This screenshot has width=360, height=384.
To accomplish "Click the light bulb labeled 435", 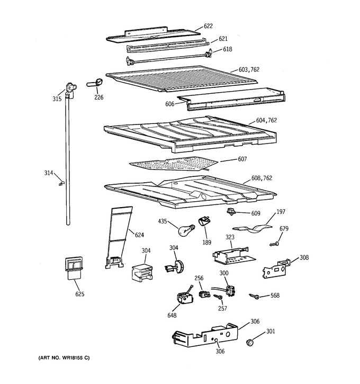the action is pyautogui.click(x=186, y=230).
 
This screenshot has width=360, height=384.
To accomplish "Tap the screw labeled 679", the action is pyautogui.click(x=274, y=244).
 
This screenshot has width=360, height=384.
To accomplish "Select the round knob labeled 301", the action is pyautogui.click(x=249, y=342).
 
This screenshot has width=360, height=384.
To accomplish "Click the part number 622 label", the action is pyautogui.click(x=208, y=26).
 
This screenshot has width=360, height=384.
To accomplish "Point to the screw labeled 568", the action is pyautogui.click(x=254, y=296).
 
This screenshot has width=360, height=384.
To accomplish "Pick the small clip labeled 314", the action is pyautogui.click(x=61, y=183).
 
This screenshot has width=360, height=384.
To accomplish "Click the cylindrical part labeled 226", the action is pyautogui.click(x=95, y=83).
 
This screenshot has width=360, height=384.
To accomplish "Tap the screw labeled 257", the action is pyautogui.click(x=218, y=297).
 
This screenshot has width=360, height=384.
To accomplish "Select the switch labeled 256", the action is pyautogui.click(x=204, y=293).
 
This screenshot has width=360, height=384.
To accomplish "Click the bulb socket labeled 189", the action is pyautogui.click(x=204, y=221).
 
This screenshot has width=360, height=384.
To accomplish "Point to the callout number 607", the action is pyautogui.click(x=242, y=159).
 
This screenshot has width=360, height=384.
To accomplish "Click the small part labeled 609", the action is pyautogui.click(x=230, y=211).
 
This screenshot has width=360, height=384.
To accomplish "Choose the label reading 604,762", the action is pyautogui.click(x=266, y=120).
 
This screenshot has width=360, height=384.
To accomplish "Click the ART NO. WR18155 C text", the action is pyautogui.click(x=64, y=358).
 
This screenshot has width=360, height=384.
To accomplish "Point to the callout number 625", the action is pyautogui.click(x=80, y=294).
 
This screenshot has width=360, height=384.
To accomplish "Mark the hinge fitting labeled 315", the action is pyautogui.click(x=71, y=90).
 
